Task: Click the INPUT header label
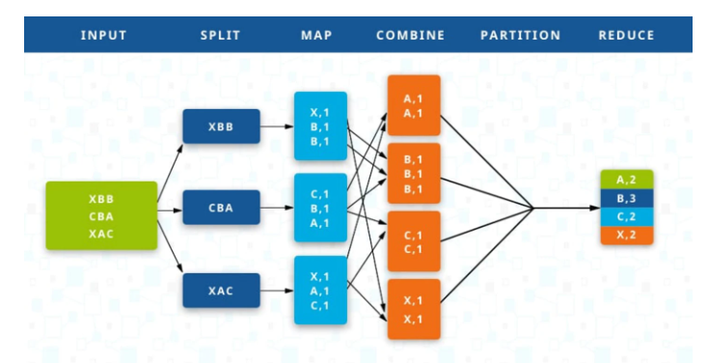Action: (104, 36)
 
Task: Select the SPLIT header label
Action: (220, 36)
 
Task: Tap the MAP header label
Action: (318, 36)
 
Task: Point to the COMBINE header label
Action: (410, 36)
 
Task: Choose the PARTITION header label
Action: (520, 36)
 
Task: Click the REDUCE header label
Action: (626, 36)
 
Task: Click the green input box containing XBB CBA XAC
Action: (101, 215)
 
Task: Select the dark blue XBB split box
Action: (221, 126)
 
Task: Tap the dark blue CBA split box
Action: (221, 207)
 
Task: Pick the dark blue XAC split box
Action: (221, 289)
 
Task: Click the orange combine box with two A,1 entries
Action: (413, 105)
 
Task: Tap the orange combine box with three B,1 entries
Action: (413, 174)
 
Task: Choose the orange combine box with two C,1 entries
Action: (413, 241)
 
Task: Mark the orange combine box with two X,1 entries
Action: (413, 309)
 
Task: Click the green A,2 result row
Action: (627, 180)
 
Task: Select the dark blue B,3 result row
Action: (627, 198)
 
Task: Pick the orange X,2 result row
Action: (627, 235)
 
